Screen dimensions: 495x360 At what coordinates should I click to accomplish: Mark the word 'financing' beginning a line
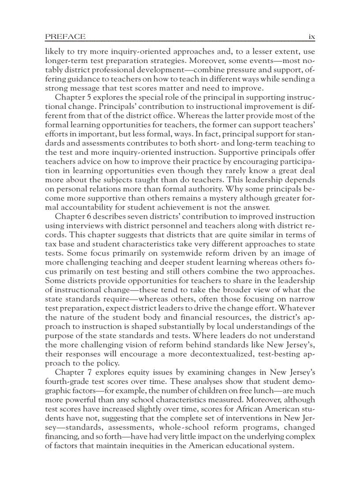pos(61,436)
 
